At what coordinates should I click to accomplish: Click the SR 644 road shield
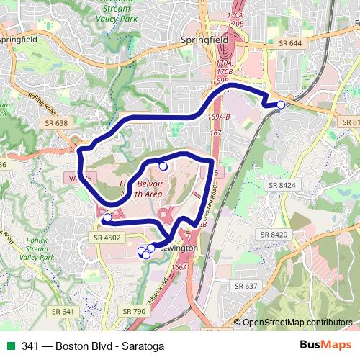[290, 44]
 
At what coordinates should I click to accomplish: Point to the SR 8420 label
[274, 235]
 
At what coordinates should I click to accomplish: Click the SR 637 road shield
[246, 286]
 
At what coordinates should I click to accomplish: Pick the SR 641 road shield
[63, 311]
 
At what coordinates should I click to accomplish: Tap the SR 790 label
[135, 311]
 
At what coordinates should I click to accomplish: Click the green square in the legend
[9, 346]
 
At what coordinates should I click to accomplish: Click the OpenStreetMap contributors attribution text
[297, 323]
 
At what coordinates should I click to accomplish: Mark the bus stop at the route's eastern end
[280, 105]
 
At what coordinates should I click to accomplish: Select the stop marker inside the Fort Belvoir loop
[163, 166]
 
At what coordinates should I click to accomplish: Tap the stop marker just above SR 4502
[107, 217]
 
